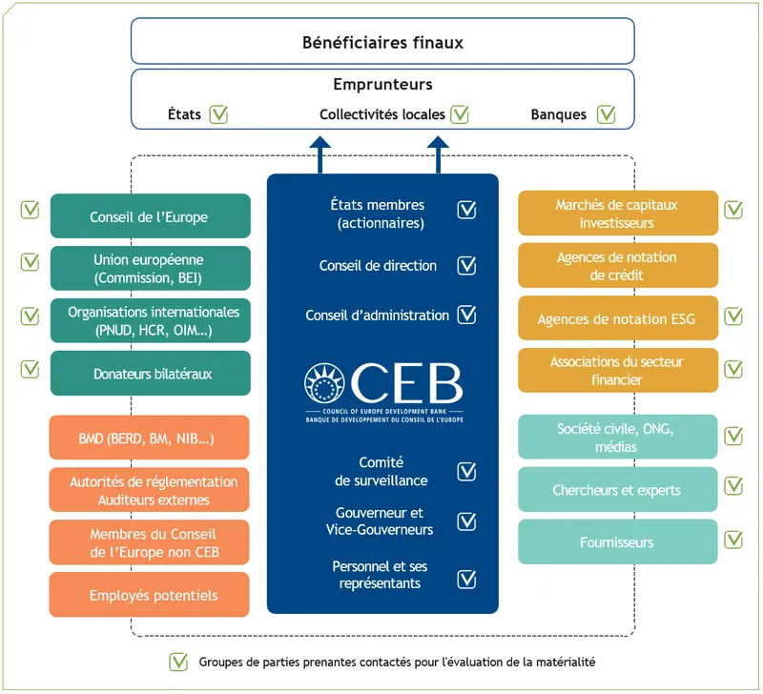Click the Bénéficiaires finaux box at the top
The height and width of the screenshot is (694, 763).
[x=382, y=42]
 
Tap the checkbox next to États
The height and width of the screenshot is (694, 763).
[x=219, y=114]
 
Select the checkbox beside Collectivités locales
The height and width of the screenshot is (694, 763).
[x=460, y=114]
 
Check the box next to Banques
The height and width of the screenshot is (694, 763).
[x=606, y=114]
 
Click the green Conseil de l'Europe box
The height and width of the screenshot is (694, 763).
[x=150, y=216]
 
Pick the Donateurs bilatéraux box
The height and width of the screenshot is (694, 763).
[x=150, y=374]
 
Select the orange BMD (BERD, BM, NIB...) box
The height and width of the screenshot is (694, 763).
[x=150, y=439]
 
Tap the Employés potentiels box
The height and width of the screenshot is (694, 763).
[x=150, y=595]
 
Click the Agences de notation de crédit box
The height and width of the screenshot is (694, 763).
[x=617, y=266]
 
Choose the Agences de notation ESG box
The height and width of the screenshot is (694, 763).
[x=617, y=319]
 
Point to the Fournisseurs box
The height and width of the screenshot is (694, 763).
[x=617, y=542]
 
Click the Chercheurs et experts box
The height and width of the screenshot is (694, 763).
[x=617, y=490]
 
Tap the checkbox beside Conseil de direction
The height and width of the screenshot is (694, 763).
[x=466, y=266]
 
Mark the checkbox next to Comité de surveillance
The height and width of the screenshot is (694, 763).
[x=466, y=471]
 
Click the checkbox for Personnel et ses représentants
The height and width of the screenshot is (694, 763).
[x=466, y=579]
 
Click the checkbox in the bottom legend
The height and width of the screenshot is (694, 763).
[x=178, y=661]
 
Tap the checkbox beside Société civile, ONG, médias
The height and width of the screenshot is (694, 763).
[x=733, y=436]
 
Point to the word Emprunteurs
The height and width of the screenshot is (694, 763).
[x=382, y=85]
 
